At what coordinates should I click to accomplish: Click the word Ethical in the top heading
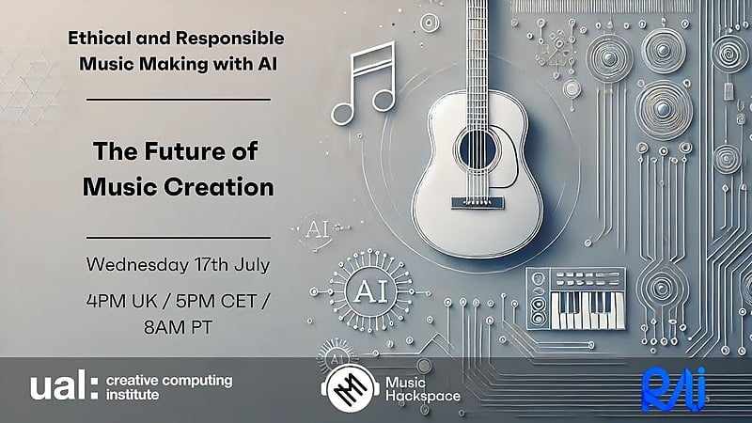click(x=100, y=38)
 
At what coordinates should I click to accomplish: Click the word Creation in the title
click(x=219, y=186)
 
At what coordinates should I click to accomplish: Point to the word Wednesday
click(x=137, y=265)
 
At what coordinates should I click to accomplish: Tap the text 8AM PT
click(x=178, y=327)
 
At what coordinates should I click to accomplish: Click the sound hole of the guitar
click(x=477, y=149)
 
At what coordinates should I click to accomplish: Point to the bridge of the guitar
click(x=478, y=202)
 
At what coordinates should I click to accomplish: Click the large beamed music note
click(x=364, y=84)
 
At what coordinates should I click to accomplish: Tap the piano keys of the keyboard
click(x=587, y=310)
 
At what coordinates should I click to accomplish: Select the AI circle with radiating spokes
click(x=370, y=290)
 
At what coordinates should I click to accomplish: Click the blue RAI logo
click(x=674, y=389)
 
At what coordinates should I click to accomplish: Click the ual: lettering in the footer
click(x=64, y=384)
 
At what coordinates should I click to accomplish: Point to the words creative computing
click(x=169, y=382)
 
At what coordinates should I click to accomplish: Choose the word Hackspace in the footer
click(x=423, y=397)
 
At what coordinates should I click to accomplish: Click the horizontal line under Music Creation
click(x=179, y=237)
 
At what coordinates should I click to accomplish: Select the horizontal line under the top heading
click(x=179, y=100)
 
